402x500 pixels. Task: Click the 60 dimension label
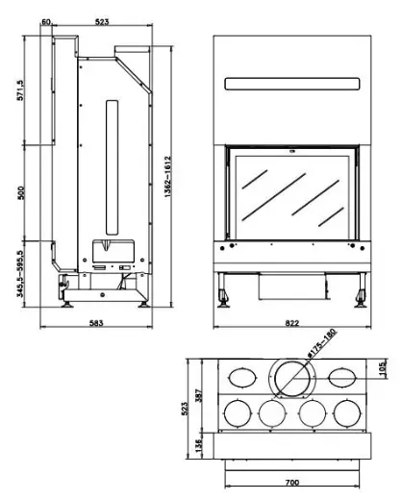tap(46, 22)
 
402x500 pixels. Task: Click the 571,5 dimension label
tap(20, 90)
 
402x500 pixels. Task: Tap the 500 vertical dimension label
tap(20, 192)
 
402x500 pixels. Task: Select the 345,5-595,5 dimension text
tap(20, 274)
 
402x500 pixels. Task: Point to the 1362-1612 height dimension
tap(168, 177)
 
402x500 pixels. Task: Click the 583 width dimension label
tap(96, 323)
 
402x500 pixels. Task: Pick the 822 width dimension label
tap(292, 323)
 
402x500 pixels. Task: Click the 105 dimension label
tap(382, 369)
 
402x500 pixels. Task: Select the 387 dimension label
tap(198, 395)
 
